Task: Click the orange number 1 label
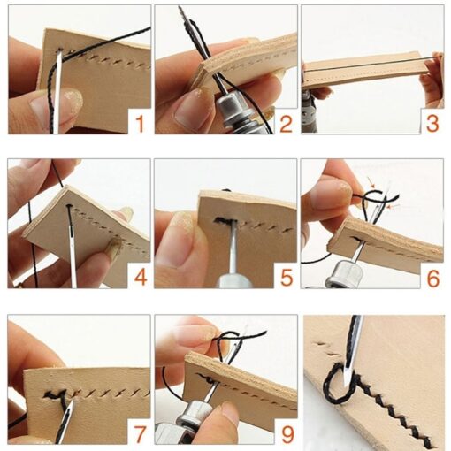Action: pos(138,122)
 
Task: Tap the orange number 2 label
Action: pos(285,121)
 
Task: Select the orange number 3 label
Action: pos(432,121)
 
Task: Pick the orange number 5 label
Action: pos(285,277)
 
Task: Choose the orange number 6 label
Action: pos(432,277)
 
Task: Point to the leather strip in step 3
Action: pos(367,71)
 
